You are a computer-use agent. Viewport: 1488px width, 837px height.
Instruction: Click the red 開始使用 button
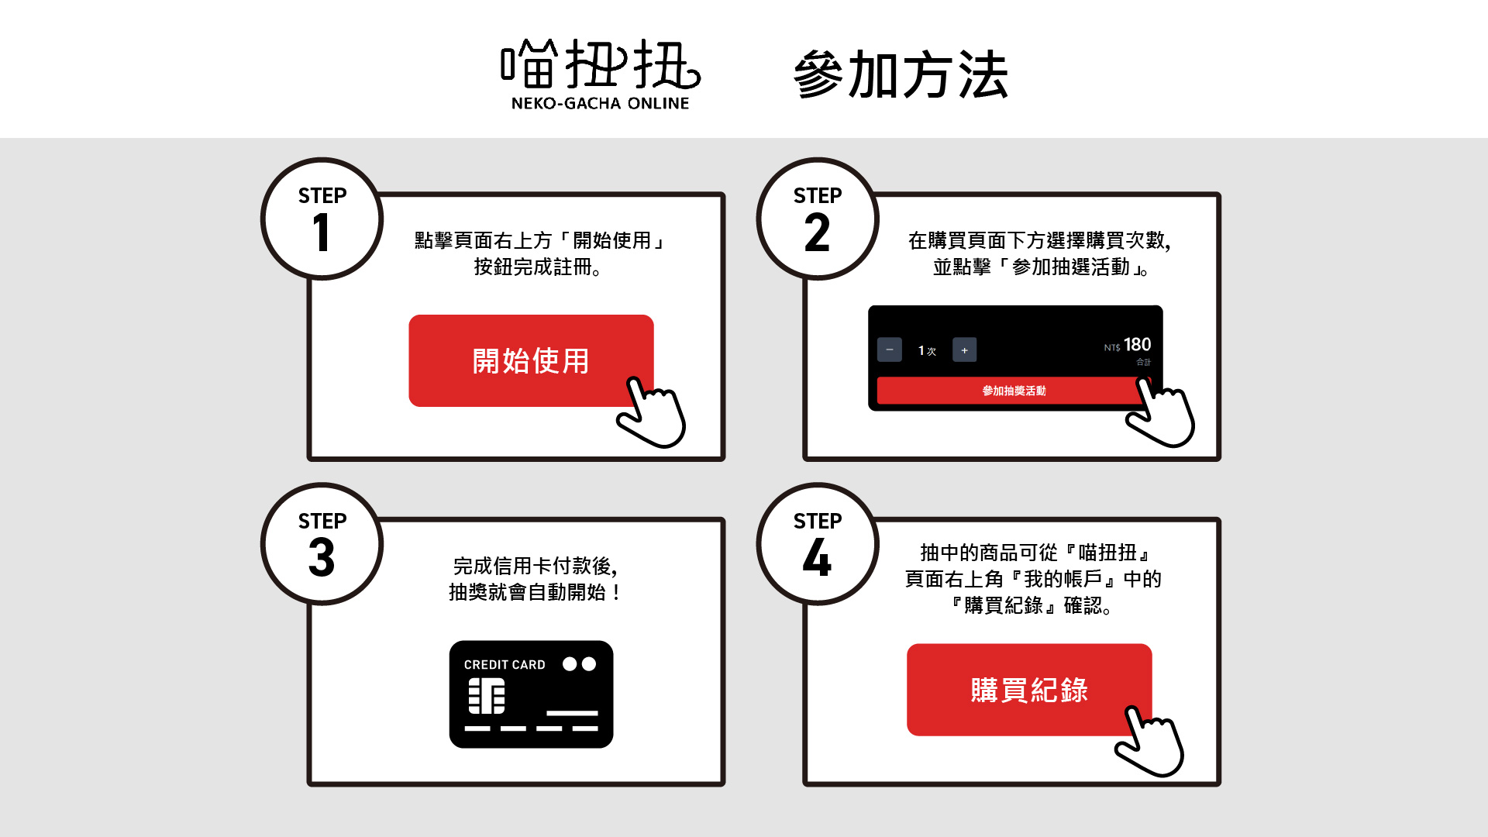(x=531, y=360)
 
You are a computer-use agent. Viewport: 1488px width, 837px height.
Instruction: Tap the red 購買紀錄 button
(x=1029, y=689)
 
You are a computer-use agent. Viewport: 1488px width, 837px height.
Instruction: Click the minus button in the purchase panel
(x=890, y=350)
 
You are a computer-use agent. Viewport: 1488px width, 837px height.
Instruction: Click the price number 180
(x=1137, y=344)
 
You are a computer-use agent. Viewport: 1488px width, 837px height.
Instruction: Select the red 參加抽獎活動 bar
(x=1014, y=391)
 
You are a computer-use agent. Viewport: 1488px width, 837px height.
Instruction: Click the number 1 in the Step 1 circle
(x=321, y=232)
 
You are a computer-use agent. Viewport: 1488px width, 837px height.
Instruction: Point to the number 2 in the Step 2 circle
(x=817, y=232)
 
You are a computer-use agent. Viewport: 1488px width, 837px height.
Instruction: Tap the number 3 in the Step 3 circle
(x=322, y=558)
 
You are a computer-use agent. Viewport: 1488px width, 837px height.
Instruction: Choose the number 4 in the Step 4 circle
(x=817, y=558)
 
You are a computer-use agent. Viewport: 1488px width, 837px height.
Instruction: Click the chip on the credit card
(x=487, y=696)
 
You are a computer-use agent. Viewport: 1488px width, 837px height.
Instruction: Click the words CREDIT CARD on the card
(x=505, y=665)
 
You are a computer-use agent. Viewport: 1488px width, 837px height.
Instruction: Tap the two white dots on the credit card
(x=579, y=664)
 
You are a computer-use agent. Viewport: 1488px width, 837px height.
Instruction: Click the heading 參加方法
(x=901, y=75)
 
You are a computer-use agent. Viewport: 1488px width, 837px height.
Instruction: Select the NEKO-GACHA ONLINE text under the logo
(x=600, y=103)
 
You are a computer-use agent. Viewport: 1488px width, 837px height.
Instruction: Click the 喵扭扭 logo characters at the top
(x=601, y=64)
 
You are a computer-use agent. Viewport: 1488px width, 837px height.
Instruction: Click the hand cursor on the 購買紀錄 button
(x=1149, y=742)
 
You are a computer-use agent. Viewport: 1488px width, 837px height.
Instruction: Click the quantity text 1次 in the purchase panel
(x=927, y=350)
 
